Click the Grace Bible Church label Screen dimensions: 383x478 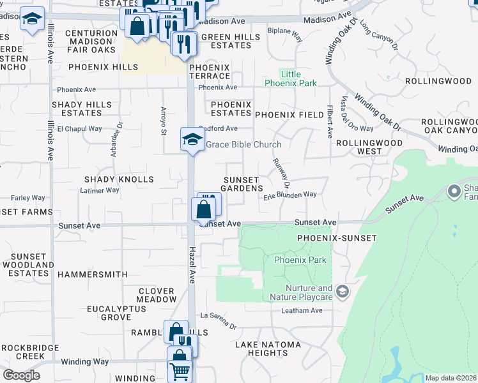(243, 145)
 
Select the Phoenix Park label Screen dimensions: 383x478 (300, 260)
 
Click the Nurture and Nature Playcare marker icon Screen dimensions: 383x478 (343, 291)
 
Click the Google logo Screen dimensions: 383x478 (21, 375)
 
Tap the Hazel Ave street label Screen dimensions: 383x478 (191, 265)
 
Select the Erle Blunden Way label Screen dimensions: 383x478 (291, 194)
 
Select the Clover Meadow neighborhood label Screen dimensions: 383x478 (157, 295)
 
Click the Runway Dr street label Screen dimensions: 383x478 (282, 174)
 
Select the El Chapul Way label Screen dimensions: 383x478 (80, 128)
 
